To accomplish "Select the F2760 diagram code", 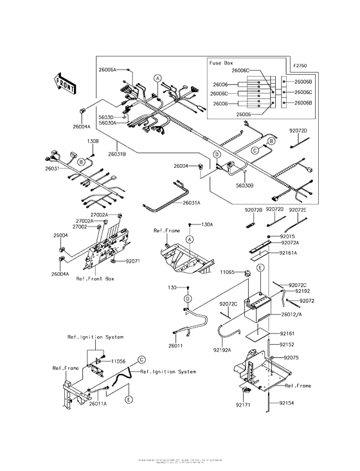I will [x=300, y=66].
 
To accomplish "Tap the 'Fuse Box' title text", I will [x=221, y=64].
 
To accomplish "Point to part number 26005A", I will [x=107, y=68].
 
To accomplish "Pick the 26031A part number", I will [x=191, y=202].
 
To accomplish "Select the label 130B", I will [x=93, y=141].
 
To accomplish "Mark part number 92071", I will [x=133, y=261].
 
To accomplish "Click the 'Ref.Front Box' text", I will [x=95, y=279].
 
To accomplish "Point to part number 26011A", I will [x=98, y=403].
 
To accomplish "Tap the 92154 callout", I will [x=289, y=403].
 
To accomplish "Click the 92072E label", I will [x=298, y=210].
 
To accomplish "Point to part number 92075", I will [x=292, y=356].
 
